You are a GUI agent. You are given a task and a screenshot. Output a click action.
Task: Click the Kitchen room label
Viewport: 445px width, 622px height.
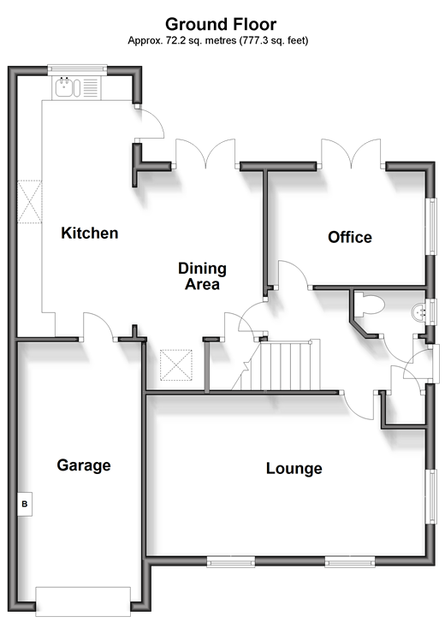click(90, 233)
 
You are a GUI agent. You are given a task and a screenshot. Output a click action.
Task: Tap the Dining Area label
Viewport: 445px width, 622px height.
click(202, 276)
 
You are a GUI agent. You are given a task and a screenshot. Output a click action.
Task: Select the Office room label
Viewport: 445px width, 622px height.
click(350, 237)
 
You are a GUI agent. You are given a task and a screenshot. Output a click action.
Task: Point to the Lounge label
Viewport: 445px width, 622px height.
click(294, 469)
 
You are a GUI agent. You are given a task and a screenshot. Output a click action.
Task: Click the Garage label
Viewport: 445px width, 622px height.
click(84, 465)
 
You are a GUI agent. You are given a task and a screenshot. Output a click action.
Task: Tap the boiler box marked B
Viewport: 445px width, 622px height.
click(25, 504)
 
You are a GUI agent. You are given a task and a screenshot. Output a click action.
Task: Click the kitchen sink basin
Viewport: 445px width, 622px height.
click(63, 87)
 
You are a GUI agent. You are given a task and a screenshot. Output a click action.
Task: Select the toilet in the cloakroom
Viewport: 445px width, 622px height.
click(369, 305)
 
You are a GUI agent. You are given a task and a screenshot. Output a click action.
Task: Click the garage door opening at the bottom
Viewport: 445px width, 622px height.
click(83, 601)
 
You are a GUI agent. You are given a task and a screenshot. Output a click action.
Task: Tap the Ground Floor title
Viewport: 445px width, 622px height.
click(221, 24)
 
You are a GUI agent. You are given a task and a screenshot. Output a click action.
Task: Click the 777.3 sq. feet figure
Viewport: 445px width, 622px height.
click(273, 40)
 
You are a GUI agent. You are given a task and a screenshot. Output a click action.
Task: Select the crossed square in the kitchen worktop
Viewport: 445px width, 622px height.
click(29, 202)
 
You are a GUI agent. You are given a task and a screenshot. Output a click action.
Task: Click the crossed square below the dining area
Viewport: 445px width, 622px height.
click(175, 365)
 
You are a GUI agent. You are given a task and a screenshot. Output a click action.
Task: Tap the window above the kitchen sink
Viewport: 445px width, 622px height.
click(77, 69)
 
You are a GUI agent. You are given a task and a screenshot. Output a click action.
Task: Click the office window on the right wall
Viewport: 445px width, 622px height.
click(431, 226)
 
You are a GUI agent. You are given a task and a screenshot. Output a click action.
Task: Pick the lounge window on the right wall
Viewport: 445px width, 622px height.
click(431, 496)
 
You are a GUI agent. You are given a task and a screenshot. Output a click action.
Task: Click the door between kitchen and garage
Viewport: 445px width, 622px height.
click(98, 327)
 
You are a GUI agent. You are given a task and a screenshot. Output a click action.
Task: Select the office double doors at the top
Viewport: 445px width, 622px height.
click(351, 153)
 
